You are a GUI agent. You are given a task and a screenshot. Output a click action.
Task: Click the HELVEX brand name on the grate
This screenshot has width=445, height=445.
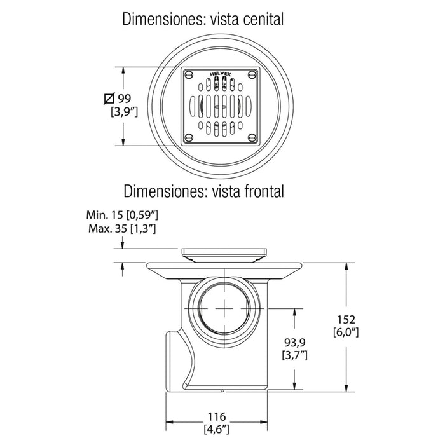220,74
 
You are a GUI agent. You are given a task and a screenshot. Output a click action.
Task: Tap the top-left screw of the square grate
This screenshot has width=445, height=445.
189,74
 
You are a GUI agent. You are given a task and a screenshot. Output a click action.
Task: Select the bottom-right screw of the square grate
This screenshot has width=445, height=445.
252,138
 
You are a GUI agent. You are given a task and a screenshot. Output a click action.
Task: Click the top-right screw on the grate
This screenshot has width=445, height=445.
252,74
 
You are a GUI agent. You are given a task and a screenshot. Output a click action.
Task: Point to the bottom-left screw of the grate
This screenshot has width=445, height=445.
189,138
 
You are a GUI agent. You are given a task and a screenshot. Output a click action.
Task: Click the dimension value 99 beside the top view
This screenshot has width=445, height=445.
125,99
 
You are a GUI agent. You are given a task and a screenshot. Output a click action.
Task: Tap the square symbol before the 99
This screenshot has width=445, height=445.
109,99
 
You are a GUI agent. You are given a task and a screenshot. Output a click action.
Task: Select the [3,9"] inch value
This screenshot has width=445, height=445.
125,113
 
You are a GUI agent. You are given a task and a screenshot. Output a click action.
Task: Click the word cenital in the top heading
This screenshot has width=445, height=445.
263,20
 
